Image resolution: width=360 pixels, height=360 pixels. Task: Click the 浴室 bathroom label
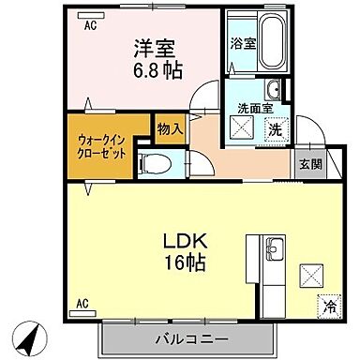241,42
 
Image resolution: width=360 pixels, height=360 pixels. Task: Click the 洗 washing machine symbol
277,128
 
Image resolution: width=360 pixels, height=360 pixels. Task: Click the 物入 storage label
170,128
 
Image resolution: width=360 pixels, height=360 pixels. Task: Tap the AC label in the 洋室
90,26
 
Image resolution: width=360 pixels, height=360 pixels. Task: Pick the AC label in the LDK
82,304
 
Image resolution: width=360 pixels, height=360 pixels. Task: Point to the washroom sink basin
273,91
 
